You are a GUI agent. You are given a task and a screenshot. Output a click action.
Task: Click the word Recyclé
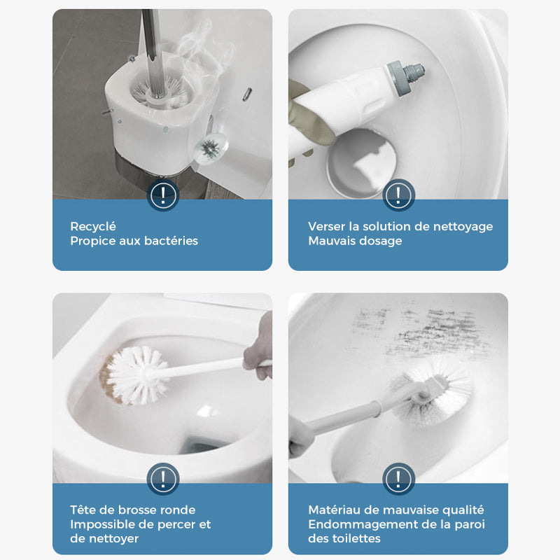click(93, 226)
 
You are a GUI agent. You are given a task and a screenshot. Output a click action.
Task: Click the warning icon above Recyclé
click(162, 194)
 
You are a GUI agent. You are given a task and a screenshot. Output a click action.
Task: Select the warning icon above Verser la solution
click(398, 194)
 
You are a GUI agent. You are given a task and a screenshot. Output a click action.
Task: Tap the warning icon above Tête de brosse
click(162, 479)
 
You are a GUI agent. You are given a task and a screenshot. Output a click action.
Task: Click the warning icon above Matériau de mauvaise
click(398, 479)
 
